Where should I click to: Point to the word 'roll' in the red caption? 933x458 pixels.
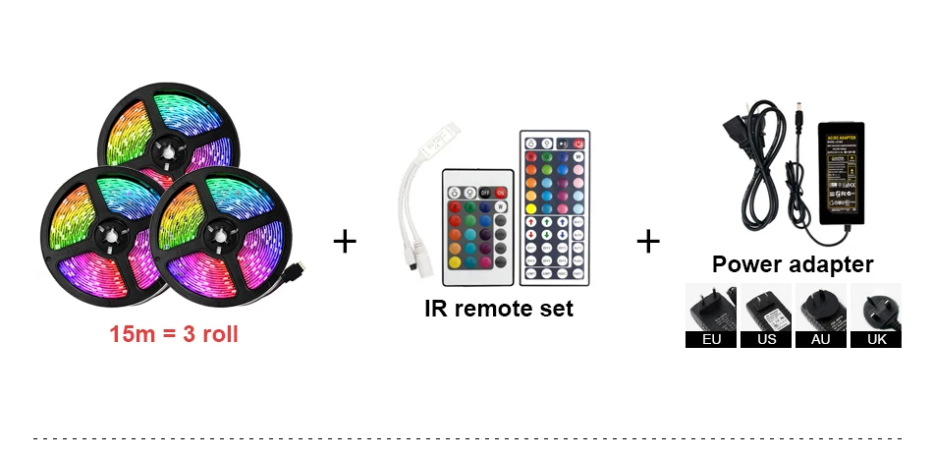218,334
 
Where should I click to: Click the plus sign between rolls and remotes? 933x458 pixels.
345,241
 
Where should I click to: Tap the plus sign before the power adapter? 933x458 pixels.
648,241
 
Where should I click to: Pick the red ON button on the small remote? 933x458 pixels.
501,193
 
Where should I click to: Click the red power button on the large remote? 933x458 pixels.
578,144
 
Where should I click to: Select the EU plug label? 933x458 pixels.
711,339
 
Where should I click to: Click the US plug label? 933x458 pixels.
766,339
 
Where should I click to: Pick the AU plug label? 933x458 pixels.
821,339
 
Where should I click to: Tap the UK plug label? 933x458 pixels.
875,339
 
